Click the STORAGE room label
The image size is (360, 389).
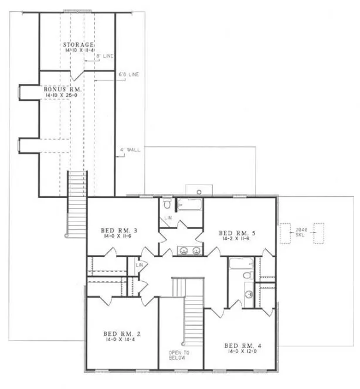coord(79,45)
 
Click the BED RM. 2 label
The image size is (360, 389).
coord(119,333)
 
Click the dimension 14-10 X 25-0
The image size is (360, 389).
coord(63,94)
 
